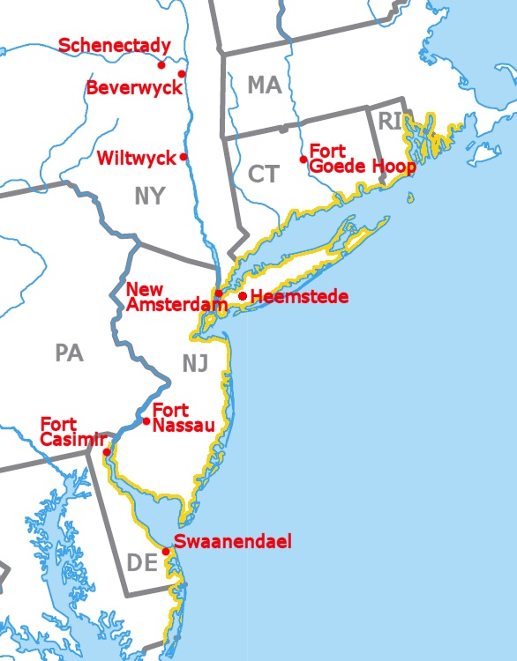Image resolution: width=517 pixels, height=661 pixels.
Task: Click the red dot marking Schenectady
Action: pos(161,64)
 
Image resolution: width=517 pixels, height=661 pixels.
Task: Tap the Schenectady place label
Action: pos(114,46)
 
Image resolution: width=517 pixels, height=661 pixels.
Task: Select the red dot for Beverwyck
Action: pos(182,74)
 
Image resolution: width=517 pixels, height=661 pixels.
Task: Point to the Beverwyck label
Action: pos(134,88)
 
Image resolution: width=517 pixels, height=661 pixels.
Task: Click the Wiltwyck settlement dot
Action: pos(184,157)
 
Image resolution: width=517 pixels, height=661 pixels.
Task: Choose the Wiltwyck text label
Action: pos(137,159)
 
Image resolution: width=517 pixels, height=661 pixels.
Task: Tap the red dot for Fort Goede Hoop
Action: pos(303,160)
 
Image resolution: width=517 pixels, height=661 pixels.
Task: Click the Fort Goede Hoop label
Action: pos(362,160)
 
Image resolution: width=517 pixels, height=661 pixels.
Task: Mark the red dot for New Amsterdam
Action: pos(219,293)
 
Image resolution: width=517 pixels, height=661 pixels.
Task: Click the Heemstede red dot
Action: pos(243,296)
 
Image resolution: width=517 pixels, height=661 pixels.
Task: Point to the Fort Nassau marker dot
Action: pos(146,420)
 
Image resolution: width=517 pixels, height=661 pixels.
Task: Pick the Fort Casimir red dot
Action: pos(107,452)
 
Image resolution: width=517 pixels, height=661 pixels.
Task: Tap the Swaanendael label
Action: pos(232,541)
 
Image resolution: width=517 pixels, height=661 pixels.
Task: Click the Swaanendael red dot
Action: pos(166,552)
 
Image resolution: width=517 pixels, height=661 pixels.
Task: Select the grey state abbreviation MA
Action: pos(264,85)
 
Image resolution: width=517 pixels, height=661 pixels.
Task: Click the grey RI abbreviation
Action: pos(390,121)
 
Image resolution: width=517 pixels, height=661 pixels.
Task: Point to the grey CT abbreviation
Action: pos(263,174)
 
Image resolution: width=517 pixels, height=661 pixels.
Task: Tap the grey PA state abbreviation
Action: pos(68,353)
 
